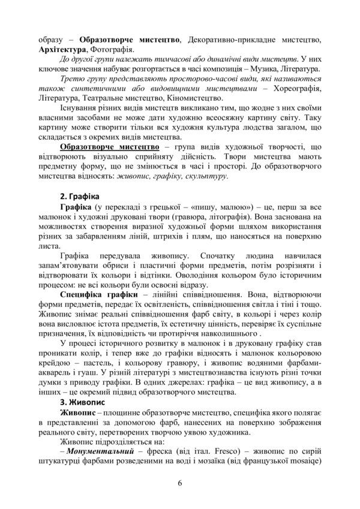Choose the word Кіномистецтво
(195, 99)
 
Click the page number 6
(180, 484)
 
